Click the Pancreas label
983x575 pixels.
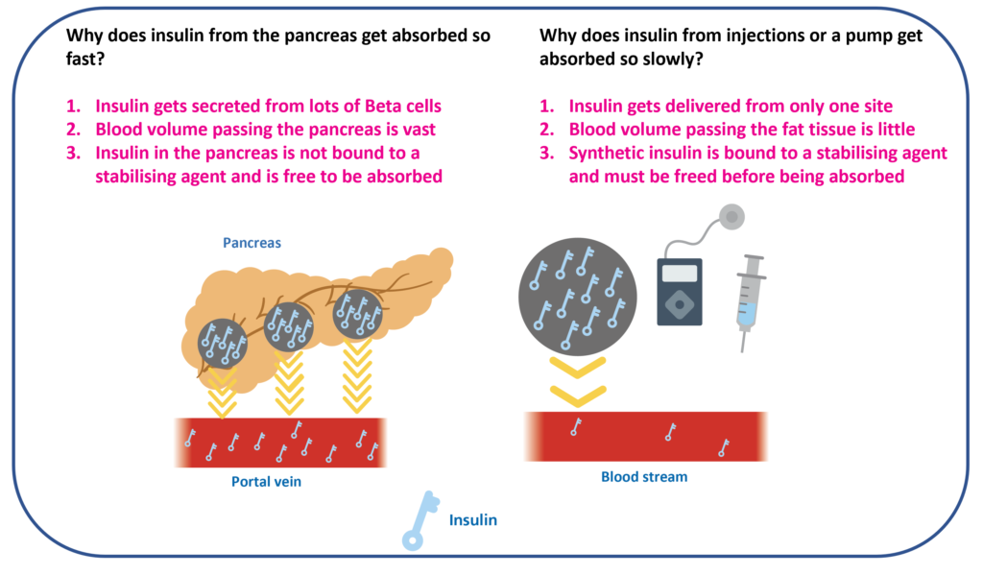[x=252, y=243]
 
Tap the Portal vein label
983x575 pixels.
[x=266, y=482]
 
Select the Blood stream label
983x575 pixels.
[x=644, y=476]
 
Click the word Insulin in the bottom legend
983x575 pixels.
[x=473, y=520]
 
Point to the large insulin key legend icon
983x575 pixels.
[x=420, y=522]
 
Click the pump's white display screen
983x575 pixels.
[x=679, y=273]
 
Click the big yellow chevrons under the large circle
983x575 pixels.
[x=577, y=380]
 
